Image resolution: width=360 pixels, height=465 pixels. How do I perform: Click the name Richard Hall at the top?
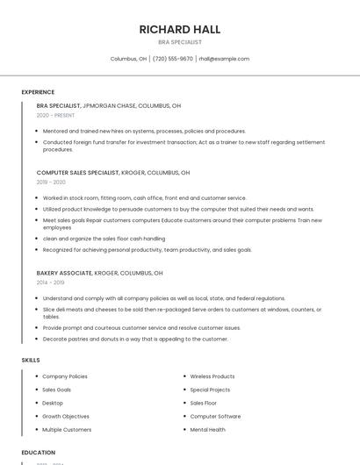point(179,29)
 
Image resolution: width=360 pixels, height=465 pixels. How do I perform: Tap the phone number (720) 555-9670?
point(173,59)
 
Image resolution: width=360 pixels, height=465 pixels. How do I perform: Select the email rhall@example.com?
point(224,59)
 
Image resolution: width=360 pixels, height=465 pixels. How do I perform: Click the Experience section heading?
point(38,92)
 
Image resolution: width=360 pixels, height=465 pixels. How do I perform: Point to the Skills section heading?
point(31,360)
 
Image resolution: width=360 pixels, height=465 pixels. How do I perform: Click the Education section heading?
point(39,453)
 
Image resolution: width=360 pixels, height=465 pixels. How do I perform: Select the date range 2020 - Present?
point(56,115)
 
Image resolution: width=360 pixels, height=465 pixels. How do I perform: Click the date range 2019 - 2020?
point(51,182)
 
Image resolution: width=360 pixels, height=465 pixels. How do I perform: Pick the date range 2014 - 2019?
point(50,283)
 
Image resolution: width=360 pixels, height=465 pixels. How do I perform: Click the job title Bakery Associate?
point(64,273)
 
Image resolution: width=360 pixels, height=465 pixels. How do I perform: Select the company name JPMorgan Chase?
point(109,105)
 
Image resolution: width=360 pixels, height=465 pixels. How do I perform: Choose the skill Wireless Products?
point(212,376)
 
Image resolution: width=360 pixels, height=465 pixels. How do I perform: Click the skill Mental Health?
point(207,430)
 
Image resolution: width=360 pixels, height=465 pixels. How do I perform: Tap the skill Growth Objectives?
point(66,417)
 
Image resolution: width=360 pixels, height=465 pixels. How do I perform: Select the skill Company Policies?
point(65,376)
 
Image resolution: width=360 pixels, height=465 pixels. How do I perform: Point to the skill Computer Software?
point(215,417)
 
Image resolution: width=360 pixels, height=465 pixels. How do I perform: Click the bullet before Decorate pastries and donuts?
point(37,339)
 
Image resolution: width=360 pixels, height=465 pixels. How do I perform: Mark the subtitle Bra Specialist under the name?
point(179,42)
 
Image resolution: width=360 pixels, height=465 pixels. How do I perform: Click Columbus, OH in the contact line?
point(128,59)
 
